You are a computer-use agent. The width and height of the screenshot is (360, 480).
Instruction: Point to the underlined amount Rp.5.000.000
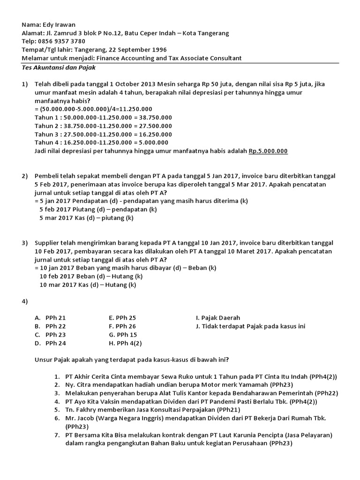pyautogui.click(x=268, y=151)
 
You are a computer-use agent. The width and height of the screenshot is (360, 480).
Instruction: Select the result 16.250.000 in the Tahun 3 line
pyautogui.click(x=152, y=134)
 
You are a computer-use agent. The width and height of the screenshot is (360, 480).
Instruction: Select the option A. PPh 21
pyautogui.click(x=50, y=318)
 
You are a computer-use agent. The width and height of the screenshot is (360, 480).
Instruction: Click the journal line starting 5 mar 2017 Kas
pyautogui.click(x=86, y=218)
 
